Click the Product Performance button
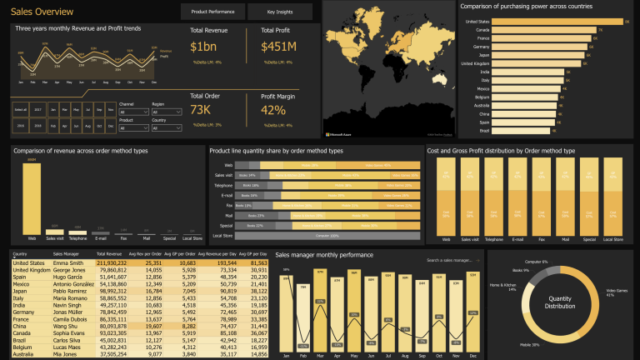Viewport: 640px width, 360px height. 212,12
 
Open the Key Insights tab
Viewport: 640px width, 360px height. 280,12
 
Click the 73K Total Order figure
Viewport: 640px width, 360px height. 201,110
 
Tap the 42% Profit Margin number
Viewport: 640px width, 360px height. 273,110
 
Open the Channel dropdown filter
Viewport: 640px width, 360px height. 132,112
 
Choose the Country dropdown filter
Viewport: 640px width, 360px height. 166,127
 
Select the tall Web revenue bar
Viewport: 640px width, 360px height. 32,198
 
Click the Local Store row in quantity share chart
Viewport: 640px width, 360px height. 328,236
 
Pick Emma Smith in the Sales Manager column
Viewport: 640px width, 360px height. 67,262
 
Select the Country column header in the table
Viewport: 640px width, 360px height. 22,254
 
